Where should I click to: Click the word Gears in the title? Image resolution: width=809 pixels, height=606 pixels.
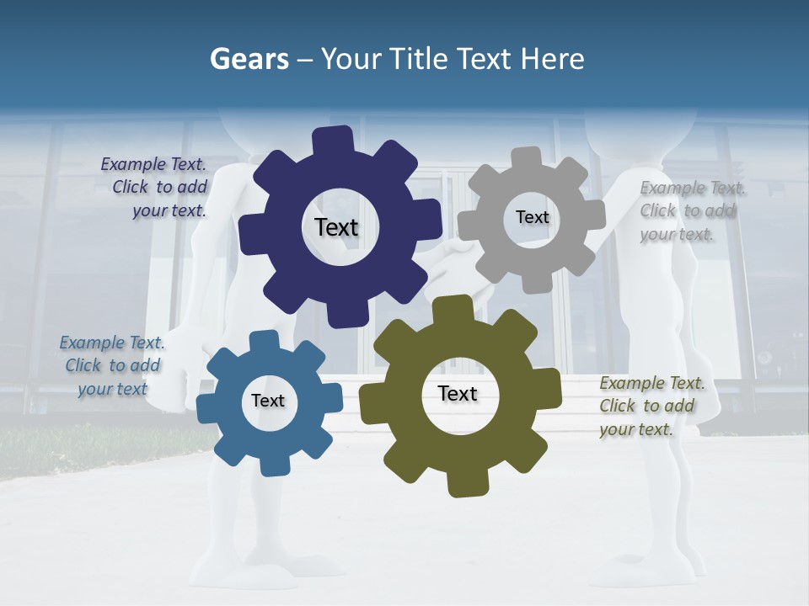pos(249,59)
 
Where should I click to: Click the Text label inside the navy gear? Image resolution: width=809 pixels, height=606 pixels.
pos(336,227)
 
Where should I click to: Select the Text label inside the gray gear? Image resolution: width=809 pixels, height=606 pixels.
pos(532,217)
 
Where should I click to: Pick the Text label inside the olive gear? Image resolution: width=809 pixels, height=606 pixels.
pos(458,393)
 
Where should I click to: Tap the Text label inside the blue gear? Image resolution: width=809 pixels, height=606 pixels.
pos(268,401)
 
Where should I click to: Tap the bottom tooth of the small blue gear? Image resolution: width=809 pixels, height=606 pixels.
pos(271,464)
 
